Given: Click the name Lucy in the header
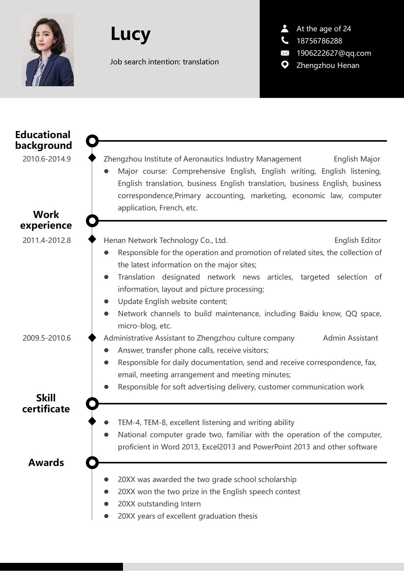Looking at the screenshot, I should pos(130,34).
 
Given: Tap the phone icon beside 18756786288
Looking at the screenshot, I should pos(285,40).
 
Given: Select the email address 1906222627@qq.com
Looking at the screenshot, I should pos(333,53).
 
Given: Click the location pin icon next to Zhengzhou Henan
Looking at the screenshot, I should pos(285,65).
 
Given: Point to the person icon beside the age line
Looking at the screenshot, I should pos(285,28).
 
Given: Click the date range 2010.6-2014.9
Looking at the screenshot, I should pos(47,159).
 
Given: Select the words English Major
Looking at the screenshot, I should pos(357,159).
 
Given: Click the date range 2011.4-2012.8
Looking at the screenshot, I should pos(47,240).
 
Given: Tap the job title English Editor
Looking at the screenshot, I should pos(357,240).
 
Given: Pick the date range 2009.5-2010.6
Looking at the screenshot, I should pos(47,338).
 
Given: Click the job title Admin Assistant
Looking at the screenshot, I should pos(350,338).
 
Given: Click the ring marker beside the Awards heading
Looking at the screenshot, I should pos(92,463).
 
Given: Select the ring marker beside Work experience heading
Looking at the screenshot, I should pos(92,221).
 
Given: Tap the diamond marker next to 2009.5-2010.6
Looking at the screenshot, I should pos(92,338).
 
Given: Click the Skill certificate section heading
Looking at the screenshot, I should pos(46,403).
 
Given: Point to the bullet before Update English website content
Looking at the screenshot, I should pos(106,301).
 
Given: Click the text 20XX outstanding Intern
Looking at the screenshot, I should pos(159,504).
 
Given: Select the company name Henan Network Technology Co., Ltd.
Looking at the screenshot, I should pos(165,240).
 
